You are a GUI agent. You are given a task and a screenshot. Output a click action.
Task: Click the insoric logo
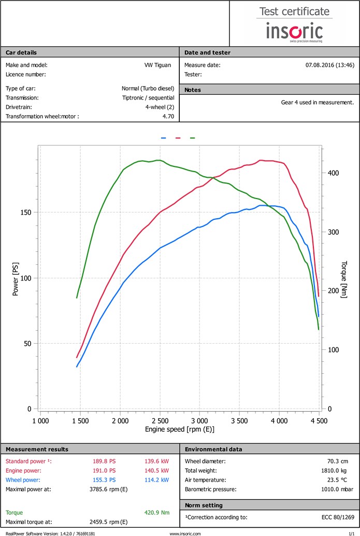coord(294,31)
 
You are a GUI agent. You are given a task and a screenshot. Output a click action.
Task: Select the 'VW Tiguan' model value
coord(159,65)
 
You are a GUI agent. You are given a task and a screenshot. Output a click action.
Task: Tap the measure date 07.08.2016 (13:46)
coord(330,65)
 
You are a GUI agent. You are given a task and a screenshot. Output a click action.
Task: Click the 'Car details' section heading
coord(21,52)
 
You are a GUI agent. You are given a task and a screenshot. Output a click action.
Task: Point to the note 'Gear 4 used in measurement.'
coord(317,102)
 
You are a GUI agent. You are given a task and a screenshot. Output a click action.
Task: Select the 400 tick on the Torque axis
coord(333,173)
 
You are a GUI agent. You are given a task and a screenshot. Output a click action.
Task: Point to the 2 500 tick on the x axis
coord(160,421)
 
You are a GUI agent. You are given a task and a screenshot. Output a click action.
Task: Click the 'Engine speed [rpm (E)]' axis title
coord(180,430)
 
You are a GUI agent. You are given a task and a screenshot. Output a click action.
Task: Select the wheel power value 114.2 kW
coord(158,480)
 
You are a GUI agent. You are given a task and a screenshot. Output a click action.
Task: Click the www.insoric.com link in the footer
coord(185,533)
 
